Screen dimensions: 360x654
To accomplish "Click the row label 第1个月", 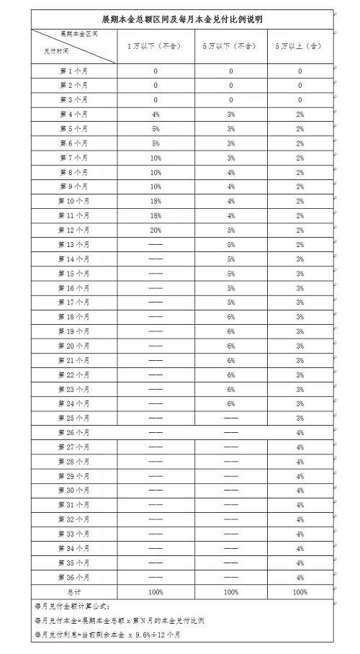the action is [x=74, y=71].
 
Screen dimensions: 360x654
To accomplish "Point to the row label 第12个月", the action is [x=74, y=230].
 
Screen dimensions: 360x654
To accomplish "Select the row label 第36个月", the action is [x=74, y=577].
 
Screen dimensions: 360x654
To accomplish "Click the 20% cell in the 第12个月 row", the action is [x=156, y=230].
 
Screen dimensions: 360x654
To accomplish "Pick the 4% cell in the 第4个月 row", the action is [x=156, y=115].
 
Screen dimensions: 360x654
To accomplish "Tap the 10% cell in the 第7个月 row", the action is [x=156, y=158].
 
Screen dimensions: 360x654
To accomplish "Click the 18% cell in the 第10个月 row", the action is [x=156, y=201].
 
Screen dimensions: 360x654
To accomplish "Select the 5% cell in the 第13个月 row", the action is [x=230, y=244].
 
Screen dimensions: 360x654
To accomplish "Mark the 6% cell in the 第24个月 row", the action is [x=230, y=403].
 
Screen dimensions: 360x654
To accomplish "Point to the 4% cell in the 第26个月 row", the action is [x=300, y=432].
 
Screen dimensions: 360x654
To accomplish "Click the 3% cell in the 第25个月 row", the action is [x=300, y=418].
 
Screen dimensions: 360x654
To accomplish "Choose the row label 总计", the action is [x=74, y=591].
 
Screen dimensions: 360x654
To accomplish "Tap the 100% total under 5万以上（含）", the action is [x=300, y=591].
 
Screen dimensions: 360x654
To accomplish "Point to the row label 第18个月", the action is [x=74, y=316].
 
